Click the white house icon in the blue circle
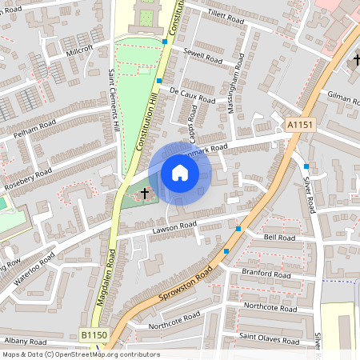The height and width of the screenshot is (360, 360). pos(180,173)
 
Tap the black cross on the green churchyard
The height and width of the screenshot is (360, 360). pos(145,193)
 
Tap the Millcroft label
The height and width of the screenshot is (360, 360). pos(80,48)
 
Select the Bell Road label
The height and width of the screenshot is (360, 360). pos(279,238)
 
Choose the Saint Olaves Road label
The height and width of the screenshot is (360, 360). pos(270,339)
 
